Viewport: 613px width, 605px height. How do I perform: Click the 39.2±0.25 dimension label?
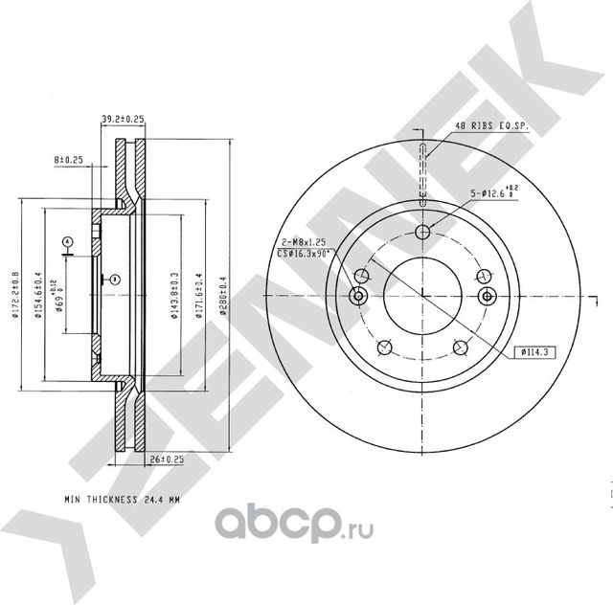[123, 120]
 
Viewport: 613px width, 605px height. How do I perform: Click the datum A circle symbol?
[67, 240]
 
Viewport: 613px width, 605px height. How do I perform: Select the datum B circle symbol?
[114, 279]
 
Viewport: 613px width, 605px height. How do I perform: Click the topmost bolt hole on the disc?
[422, 233]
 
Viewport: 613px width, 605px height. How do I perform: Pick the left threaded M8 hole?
[359, 296]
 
